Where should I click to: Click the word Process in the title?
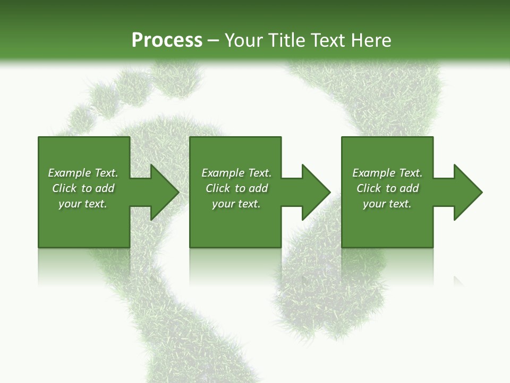pyautogui.click(x=167, y=40)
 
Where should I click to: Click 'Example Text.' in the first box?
pyautogui.click(x=83, y=173)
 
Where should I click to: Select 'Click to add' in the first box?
pyautogui.click(x=83, y=188)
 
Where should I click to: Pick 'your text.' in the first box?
pyautogui.click(x=83, y=204)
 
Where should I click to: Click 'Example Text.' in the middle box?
pyautogui.click(x=236, y=173)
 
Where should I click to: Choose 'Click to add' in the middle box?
pyautogui.click(x=236, y=188)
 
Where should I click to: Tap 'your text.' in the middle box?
pyautogui.click(x=236, y=204)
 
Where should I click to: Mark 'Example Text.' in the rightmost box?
pyautogui.click(x=387, y=173)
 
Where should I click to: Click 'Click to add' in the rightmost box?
pyautogui.click(x=387, y=188)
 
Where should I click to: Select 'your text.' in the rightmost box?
pyautogui.click(x=387, y=204)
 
